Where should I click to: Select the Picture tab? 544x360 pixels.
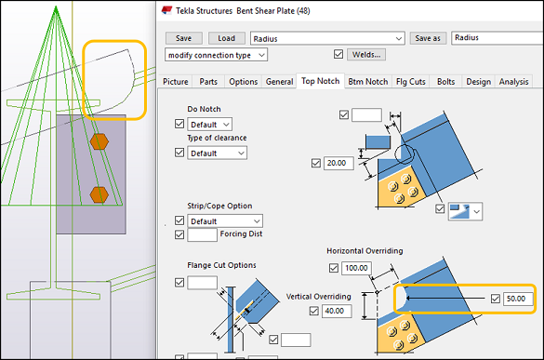point(175,81)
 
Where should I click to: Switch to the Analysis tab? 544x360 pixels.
point(513,81)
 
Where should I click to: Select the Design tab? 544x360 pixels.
point(478,81)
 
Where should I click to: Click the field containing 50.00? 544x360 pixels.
point(516,299)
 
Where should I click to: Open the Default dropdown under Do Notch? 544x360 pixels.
point(209,124)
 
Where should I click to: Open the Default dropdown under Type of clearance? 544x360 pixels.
point(217,153)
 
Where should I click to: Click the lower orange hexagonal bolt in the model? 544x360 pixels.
point(99,194)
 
